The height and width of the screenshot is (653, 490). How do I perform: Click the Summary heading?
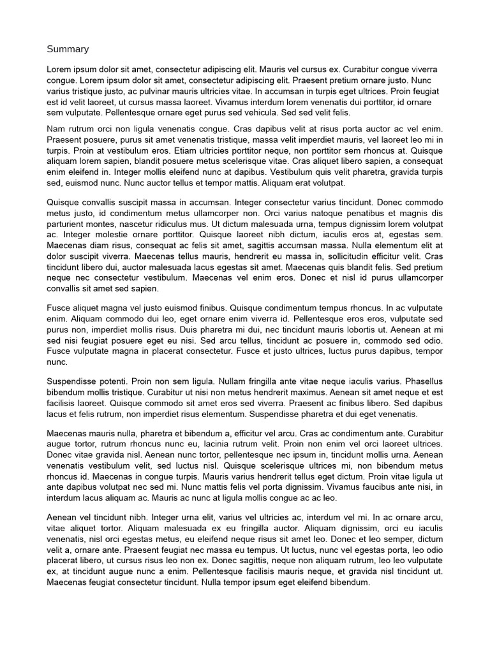coord(68,49)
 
